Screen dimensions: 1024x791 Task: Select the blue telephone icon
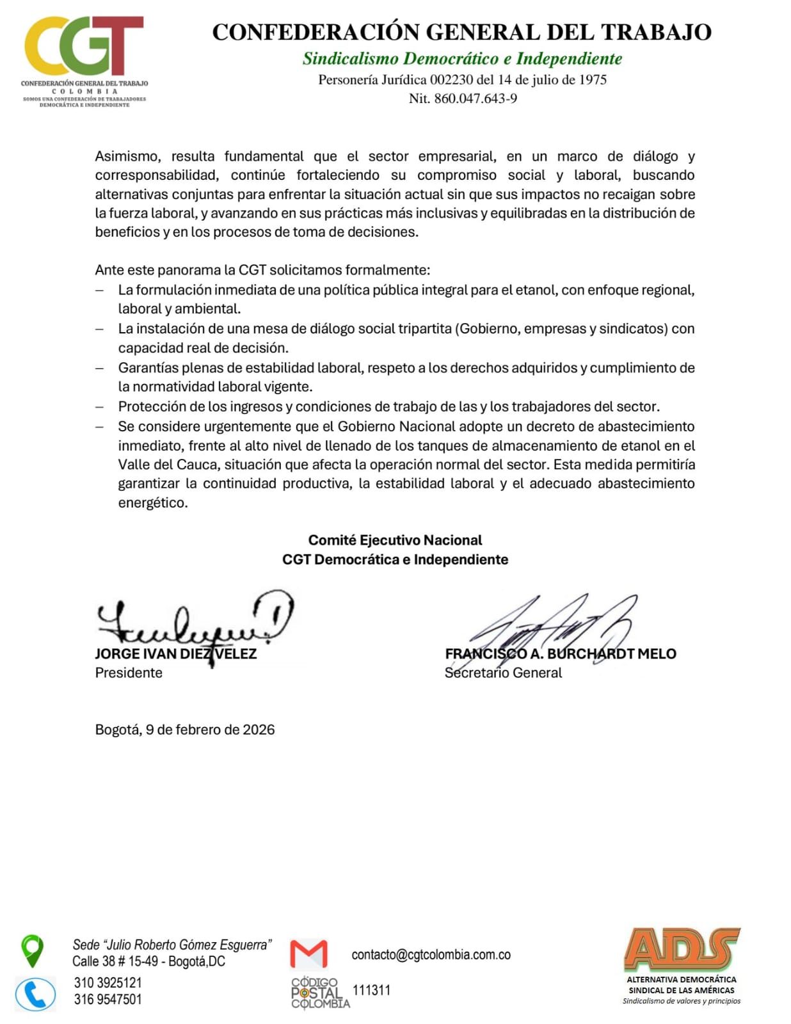(x=35, y=995)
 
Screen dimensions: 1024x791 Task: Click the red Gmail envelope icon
(x=308, y=954)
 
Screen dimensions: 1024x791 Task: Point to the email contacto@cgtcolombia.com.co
(x=431, y=954)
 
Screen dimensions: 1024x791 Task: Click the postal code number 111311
(x=371, y=990)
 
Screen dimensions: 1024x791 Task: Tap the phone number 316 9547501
(x=108, y=999)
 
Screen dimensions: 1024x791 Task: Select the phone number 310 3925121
(x=108, y=982)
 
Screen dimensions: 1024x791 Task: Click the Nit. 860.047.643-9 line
(x=463, y=99)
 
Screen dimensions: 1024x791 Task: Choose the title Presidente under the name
(x=129, y=673)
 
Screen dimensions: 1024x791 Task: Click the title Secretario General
(x=503, y=673)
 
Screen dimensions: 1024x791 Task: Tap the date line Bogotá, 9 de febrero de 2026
(x=185, y=730)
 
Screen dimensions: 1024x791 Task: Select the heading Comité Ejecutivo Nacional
(x=395, y=540)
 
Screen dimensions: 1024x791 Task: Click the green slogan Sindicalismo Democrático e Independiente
(x=462, y=59)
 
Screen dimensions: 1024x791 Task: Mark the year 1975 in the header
(x=593, y=80)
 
